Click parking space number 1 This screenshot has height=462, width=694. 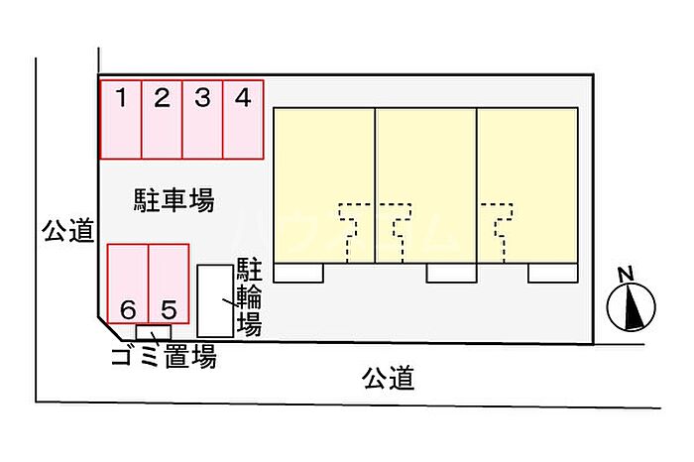[x=121, y=120]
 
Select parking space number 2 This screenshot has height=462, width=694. [x=162, y=120]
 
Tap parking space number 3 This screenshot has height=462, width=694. [x=202, y=120]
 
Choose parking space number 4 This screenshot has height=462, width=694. [x=244, y=120]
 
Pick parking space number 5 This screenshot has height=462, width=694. [x=169, y=284]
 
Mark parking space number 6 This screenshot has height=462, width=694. [x=128, y=284]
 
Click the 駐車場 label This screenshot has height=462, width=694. [x=173, y=200]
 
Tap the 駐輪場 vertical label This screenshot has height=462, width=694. [x=249, y=296]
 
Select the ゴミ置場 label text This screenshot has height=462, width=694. [x=164, y=357]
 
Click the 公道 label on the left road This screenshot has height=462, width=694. [x=68, y=230]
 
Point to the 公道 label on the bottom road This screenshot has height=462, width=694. [x=389, y=378]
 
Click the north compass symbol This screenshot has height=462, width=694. [x=631, y=307]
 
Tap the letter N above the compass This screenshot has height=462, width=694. [x=626, y=275]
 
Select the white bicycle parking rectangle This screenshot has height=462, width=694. [x=215, y=301]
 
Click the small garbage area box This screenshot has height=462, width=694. [x=153, y=332]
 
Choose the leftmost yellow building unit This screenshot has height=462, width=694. [x=324, y=185]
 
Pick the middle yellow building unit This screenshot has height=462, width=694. [x=426, y=185]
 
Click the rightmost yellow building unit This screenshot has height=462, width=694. [x=527, y=185]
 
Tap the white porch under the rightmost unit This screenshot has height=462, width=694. [x=553, y=273]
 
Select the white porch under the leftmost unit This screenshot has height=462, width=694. [x=298, y=273]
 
